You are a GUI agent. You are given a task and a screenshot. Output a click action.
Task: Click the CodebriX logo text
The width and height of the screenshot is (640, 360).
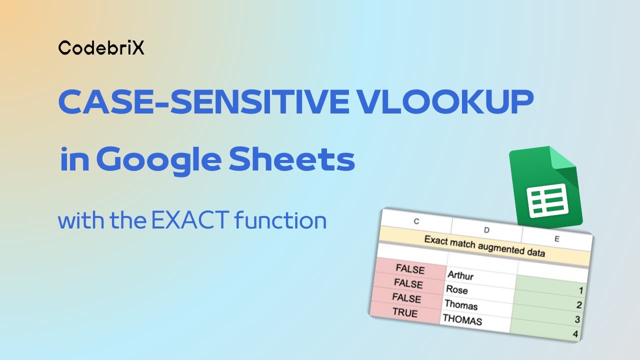(x=101, y=47)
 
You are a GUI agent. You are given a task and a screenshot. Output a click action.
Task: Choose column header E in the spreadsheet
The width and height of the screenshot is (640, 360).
(x=556, y=239)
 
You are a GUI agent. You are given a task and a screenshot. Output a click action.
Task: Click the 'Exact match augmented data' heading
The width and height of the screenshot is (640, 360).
(x=484, y=246)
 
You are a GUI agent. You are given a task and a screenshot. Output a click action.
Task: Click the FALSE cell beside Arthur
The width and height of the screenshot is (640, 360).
(x=410, y=269)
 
